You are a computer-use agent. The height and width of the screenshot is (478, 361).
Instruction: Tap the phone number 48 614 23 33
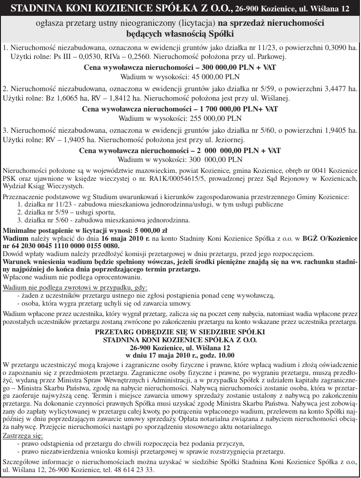131,470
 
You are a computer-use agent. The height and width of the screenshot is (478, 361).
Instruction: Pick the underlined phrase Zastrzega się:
23,436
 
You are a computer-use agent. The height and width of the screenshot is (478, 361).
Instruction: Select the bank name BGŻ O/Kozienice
328,238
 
